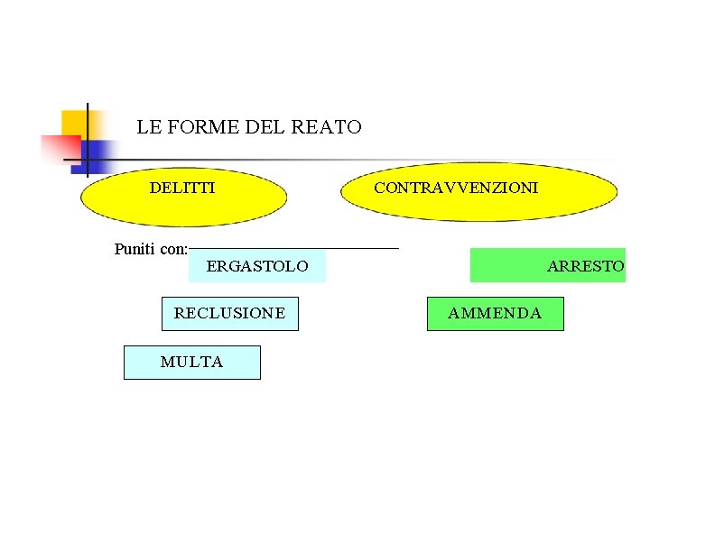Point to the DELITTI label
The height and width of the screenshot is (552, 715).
181,188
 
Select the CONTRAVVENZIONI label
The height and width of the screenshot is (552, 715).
456,188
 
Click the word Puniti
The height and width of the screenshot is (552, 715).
135,249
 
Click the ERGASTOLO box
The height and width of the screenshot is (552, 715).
257,266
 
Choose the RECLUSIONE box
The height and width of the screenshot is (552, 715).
229,313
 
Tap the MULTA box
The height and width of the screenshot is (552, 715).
191,362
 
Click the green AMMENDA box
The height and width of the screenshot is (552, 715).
495,313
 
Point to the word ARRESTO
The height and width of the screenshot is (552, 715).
585,266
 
